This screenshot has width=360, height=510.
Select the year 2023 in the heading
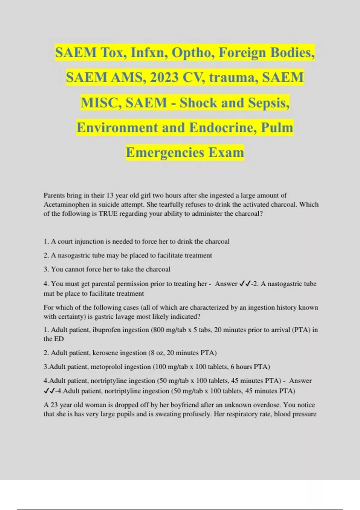pos(164,78)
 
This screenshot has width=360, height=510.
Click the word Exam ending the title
pos(226,152)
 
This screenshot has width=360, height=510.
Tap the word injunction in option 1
pos(90,241)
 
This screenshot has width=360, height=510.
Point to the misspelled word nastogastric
pos(284,284)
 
